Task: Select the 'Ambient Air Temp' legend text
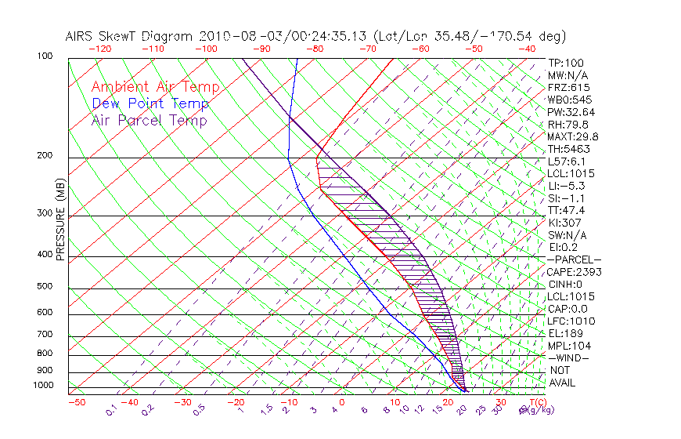pyautogui.click(x=156, y=87)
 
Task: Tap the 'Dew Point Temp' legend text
pyautogui.click(x=150, y=103)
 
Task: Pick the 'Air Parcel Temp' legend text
pyautogui.click(x=150, y=121)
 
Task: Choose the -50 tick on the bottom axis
pyautogui.click(x=76, y=403)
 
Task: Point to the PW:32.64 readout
pyautogui.click(x=571, y=112)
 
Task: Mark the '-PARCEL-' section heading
pyautogui.click(x=574, y=259)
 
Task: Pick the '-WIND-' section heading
pyautogui.click(x=568, y=357)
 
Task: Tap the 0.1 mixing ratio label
pyautogui.click(x=111, y=409)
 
